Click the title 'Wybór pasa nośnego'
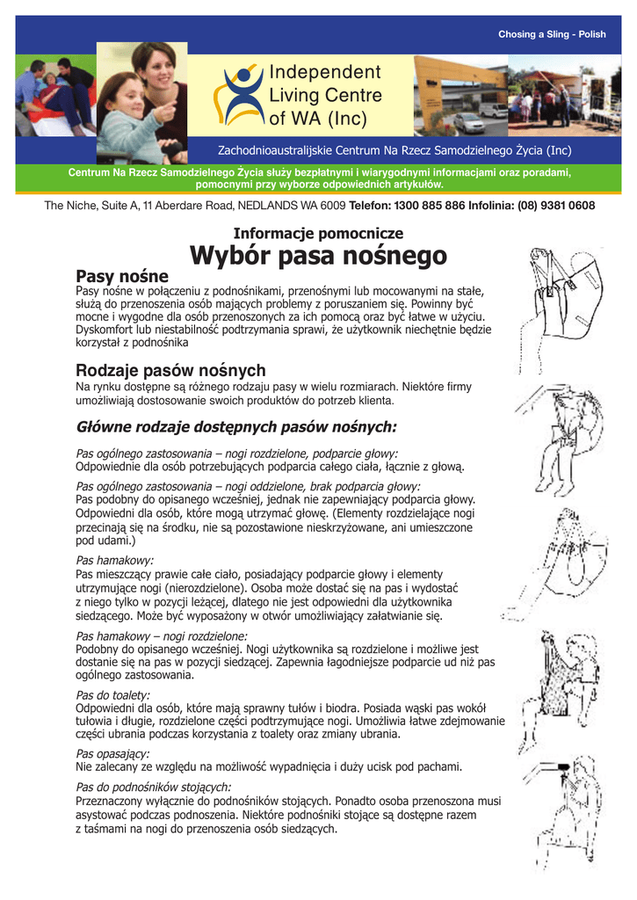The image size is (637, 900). click(318, 257)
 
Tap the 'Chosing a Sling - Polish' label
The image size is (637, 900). click(552, 34)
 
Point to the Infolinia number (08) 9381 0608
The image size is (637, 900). click(554, 206)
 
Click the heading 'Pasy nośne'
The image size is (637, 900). click(121, 277)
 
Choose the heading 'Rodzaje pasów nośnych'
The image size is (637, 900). click(170, 370)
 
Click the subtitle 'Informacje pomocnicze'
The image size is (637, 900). click(318, 233)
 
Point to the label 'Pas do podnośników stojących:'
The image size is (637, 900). click(154, 787)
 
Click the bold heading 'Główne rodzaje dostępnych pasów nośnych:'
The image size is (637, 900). click(237, 427)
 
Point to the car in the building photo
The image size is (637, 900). click(468, 122)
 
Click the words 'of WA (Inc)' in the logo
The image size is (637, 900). click(318, 118)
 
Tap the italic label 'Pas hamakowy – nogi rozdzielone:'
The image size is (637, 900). click(162, 635)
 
